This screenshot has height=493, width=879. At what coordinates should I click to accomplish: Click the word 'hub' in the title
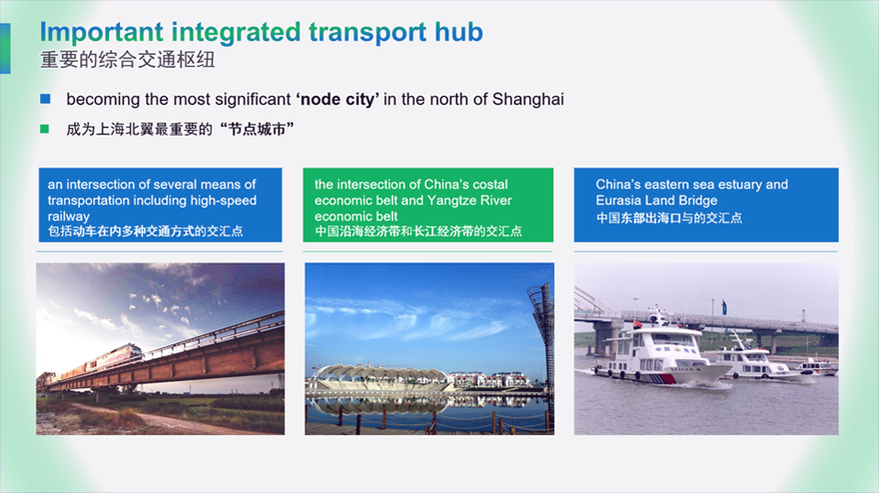click(458, 32)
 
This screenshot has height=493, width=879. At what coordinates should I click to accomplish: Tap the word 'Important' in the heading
click(102, 33)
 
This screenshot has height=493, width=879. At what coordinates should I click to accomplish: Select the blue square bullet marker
click(45, 99)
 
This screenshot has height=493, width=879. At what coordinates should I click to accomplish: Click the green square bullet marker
click(45, 129)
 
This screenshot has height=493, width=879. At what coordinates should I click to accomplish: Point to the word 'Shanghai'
click(528, 100)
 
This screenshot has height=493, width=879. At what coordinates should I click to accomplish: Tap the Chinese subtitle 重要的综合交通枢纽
click(127, 60)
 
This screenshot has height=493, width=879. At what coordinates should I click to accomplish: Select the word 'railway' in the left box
click(68, 217)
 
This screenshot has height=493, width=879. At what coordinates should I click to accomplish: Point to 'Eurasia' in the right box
click(618, 200)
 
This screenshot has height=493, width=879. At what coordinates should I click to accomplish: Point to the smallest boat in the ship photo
click(816, 367)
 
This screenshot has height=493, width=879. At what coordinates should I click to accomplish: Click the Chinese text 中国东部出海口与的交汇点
click(669, 218)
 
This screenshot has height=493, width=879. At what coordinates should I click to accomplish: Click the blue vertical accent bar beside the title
click(5, 48)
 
